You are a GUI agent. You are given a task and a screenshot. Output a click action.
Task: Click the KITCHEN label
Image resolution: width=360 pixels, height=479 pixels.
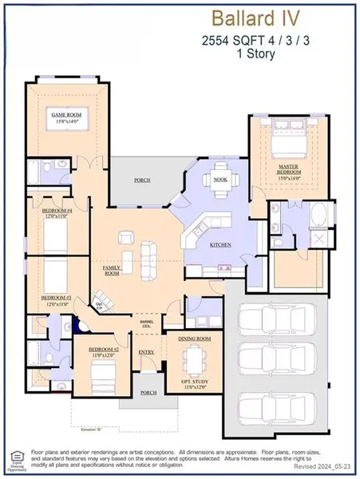coord(221,245)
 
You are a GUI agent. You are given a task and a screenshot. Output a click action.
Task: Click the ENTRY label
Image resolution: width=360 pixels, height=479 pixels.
coord(146,351)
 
